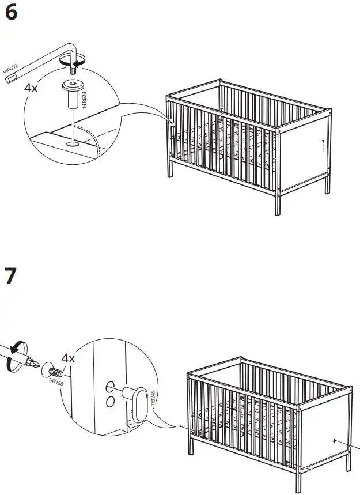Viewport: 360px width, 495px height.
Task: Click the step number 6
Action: coord(11,13)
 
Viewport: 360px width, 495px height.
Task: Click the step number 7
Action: coord(10,277)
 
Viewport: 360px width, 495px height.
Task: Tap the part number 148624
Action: coord(85,93)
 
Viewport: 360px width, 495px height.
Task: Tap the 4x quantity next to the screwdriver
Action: coord(69,358)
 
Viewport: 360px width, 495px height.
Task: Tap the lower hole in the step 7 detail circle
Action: coord(108,401)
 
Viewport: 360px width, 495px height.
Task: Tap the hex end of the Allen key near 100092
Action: coord(7,82)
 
